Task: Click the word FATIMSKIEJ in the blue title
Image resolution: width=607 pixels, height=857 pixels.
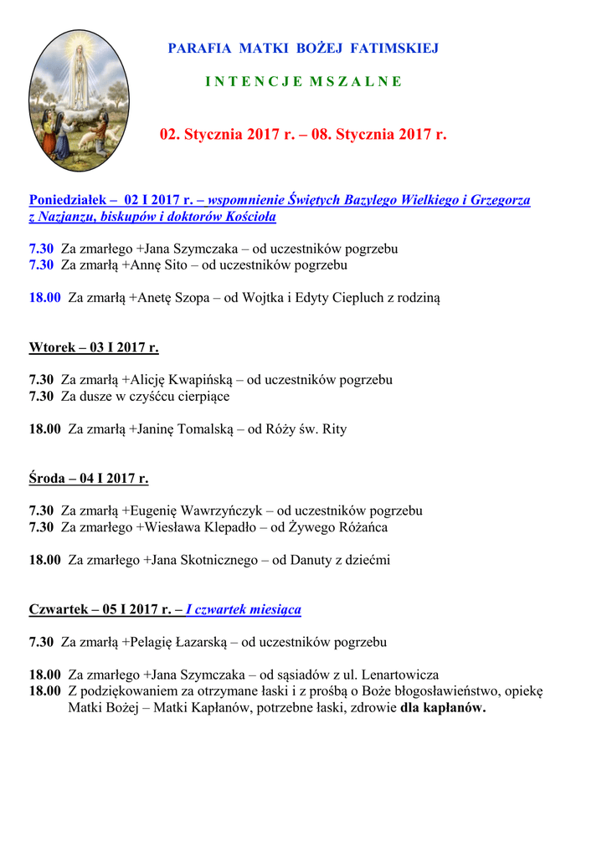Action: (401, 49)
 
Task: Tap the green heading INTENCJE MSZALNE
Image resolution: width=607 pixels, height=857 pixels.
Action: (303, 81)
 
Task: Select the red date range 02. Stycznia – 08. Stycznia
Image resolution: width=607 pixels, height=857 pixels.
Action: (303, 134)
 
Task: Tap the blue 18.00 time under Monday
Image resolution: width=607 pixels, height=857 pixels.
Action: (45, 297)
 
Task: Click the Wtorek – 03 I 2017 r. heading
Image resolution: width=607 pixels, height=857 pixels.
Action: (94, 347)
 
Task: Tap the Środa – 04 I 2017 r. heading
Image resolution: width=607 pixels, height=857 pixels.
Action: (89, 479)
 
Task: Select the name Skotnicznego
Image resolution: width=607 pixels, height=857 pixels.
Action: (213, 560)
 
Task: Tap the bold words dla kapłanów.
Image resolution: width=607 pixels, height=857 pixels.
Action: (443, 707)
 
